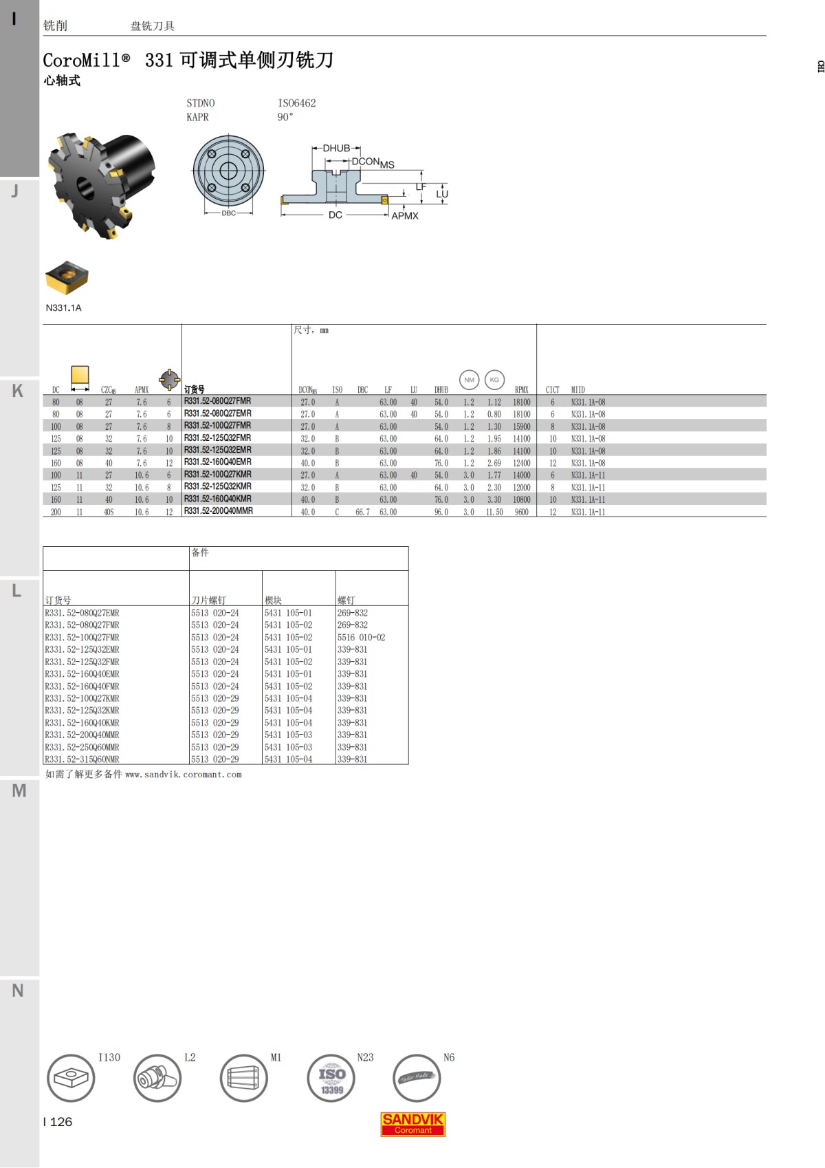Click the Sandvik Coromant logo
pyautogui.click(x=412, y=1124)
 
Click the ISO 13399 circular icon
pyautogui.click(x=331, y=1078)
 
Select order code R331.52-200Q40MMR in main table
pyautogui.click(x=218, y=511)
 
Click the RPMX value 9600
pyautogui.click(x=521, y=512)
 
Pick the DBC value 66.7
pyautogui.click(x=362, y=512)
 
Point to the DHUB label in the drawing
pyautogui.click(x=336, y=148)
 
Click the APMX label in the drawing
pyautogui.click(x=405, y=215)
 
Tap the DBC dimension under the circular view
pyautogui.click(x=228, y=213)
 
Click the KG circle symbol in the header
pyautogui.click(x=494, y=380)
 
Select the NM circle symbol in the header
pyautogui.click(x=469, y=380)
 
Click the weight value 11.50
pyautogui.click(x=494, y=512)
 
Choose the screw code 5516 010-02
pyautogui.click(x=361, y=638)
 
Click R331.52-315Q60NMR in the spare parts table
pyautogui.click(x=82, y=759)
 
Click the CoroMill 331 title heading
pyautogui.click(x=188, y=61)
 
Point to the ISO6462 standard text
pyautogui.click(x=296, y=103)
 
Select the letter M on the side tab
pyautogui.click(x=19, y=790)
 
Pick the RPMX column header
pyautogui.click(x=521, y=389)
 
